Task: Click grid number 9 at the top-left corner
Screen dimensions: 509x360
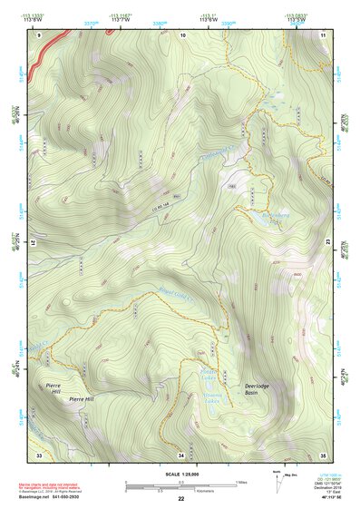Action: click(39, 34)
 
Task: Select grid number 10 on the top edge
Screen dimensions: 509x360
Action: click(182, 34)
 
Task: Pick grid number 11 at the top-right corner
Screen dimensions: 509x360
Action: click(324, 34)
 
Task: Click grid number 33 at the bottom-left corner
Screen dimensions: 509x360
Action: click(39, 454)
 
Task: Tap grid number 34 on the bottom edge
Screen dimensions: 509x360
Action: click(181, 454)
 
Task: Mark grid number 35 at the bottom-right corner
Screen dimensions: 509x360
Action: click(324, 454)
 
